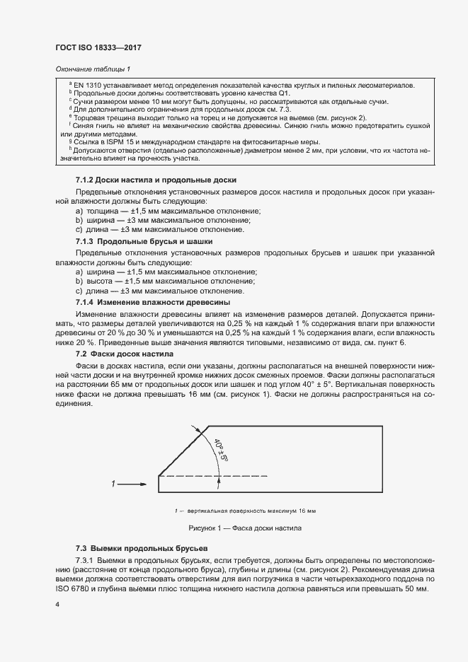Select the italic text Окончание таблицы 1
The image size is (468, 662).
pyautogui.click(x=92, y=69)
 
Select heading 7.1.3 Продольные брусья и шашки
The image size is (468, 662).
pyautogui.click(x=144, y=241)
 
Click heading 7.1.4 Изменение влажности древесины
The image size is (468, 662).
pyautogui.click(x=152, y=302)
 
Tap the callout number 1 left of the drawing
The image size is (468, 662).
pyautogui.click(x=113, y=484)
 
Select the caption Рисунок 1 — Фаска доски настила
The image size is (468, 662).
pyautogui.click(x=245, y=528)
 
